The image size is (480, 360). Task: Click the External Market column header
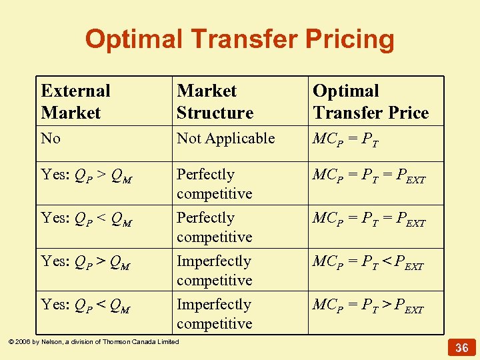(x=75, y=101)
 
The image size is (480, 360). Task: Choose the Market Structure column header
(x=215, y=101)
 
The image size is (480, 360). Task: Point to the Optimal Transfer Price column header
(x=371, y=101)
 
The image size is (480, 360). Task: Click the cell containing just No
(x=51, y=139)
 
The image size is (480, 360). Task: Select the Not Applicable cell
(x=225, y=139)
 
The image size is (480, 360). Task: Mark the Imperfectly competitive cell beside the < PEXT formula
(x=214, y=270)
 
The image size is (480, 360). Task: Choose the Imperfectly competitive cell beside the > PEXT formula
(x=214, y=313)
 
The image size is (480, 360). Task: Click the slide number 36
(x=461, y=347)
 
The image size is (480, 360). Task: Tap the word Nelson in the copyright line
(x=49, y=342)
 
